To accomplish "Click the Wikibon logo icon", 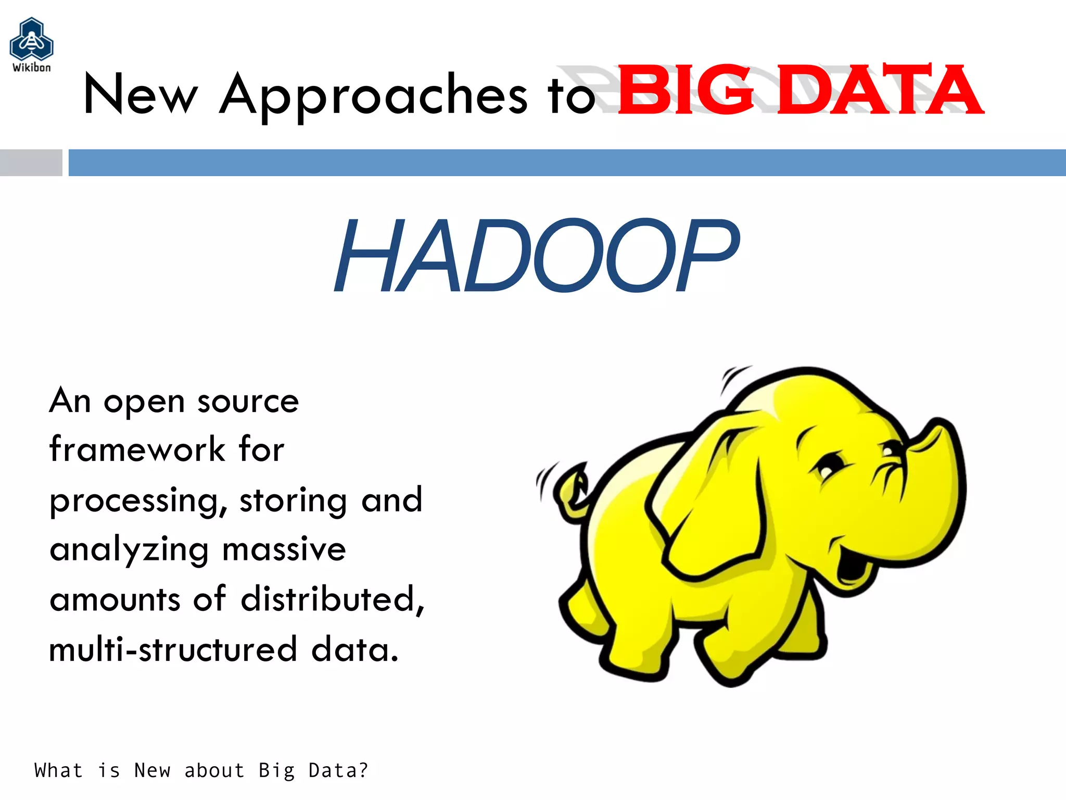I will pos(31,41).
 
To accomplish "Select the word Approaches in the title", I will pos(373,95).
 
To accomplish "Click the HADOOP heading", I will pos(536,255).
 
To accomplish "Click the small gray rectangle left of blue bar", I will pos(31,162).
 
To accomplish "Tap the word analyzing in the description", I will pos(129,550).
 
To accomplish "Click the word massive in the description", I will pos(284,549).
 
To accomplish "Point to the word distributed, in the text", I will pos(333,599).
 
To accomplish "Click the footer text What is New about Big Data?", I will pos(201,770).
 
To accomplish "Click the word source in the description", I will pos(248,402).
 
